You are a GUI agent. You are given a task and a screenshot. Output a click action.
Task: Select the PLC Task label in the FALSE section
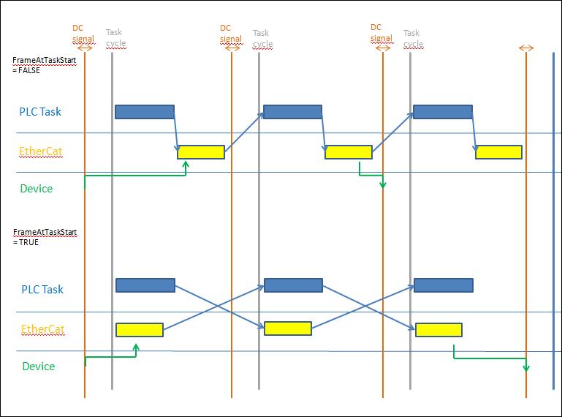[x=40, y=112]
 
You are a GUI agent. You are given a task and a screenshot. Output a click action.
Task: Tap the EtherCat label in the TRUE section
[x=42, y=329]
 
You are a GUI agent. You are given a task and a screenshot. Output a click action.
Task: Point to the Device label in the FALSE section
[x=36, y=189]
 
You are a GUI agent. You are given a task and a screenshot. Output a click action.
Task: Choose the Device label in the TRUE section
[x=38, y=366]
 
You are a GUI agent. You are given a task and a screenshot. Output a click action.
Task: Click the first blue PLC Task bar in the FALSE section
[x=144, y=111]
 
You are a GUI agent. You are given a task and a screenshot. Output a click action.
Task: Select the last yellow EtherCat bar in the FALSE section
[x=498, y=152]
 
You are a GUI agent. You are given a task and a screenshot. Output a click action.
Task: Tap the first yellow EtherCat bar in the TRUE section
[x=139, y=330]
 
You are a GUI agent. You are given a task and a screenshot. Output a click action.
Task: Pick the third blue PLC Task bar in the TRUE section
[x=443, y=285]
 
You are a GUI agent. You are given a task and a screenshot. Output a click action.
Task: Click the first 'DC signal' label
[x=83, y=33]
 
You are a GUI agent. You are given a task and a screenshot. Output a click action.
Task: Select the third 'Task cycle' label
[x=413, y=38]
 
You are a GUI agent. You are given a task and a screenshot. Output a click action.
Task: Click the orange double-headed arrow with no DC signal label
[x=526, y=48]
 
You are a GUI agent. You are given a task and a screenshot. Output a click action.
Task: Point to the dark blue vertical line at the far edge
[x=553, y=219]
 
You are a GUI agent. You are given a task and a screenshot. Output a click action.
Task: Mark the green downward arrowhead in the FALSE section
[x=382, y=184]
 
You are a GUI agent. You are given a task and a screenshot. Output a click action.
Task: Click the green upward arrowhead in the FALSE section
[x=186, y=165]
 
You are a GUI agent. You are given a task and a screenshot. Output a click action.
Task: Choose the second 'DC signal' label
[x=230, y=33]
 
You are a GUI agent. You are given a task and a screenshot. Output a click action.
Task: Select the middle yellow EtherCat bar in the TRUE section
[x=287, y=328]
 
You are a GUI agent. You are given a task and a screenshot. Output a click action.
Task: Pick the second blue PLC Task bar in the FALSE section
[x=292, y=111]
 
